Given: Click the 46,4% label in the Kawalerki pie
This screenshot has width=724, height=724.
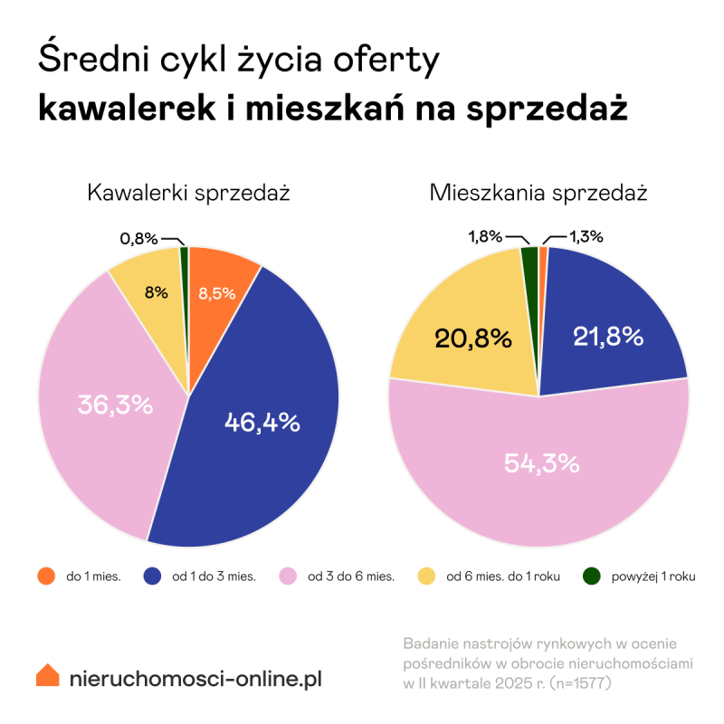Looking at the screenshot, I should pos(262,422).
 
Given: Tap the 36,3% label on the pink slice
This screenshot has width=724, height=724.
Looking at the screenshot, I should pos(114,405).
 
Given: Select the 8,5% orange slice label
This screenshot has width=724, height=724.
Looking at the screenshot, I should pos(217,293).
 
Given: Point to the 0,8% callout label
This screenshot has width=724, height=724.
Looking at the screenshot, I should pos(138,239).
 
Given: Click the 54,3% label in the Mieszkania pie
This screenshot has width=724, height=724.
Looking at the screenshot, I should pos(541,463).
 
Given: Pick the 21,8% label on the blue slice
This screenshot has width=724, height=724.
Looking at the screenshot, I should pos(608,337).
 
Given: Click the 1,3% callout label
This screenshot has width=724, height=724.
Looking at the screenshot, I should pos(586,237).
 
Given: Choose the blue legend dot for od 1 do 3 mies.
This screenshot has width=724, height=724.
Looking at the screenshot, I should pos(153,576).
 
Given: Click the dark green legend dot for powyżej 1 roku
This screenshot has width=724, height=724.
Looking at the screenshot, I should pos(593,576).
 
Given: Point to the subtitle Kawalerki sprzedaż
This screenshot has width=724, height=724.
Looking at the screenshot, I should pos(188,193).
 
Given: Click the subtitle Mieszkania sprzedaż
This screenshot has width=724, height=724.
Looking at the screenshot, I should pos(538,193).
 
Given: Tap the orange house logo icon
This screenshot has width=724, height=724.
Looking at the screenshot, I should pos(48,676).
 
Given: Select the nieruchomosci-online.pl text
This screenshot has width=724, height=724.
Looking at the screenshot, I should pos(195,678).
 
